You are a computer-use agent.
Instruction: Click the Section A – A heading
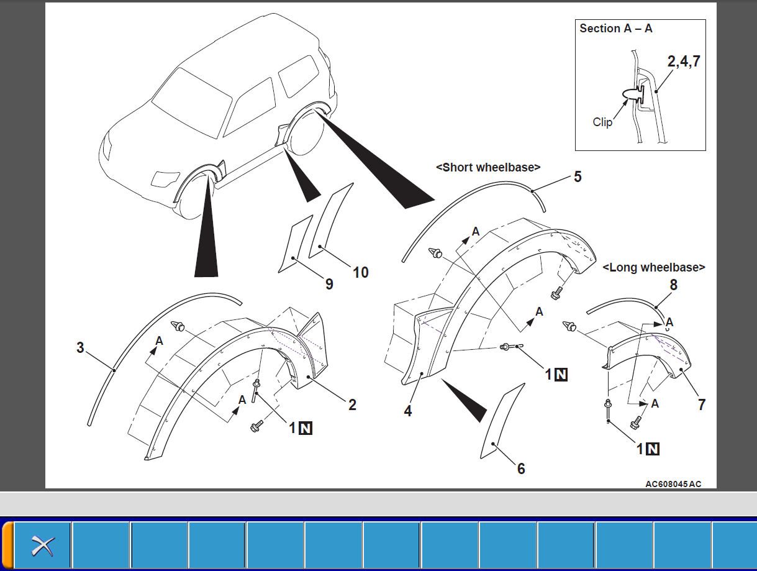coord(615,29)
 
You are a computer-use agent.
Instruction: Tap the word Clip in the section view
coord(602,122)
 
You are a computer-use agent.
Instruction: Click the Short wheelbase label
coord(488,167)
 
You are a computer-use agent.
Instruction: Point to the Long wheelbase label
coord(654,267)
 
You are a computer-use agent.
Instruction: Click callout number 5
coord(578,176)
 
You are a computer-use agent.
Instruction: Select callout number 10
coord(360,272)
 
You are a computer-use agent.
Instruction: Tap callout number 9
coord(329,284)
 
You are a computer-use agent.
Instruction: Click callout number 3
coord(80,347)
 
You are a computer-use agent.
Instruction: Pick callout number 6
coord(520,468)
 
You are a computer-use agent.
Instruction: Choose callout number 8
coord(673,285)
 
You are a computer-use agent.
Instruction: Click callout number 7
coord(702,404)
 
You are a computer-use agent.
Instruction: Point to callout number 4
coord(407,411)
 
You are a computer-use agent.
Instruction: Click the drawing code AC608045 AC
coord(673,484)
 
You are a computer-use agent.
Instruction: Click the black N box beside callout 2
coord(305,428)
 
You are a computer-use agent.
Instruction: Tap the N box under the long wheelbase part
coord(652,449)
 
